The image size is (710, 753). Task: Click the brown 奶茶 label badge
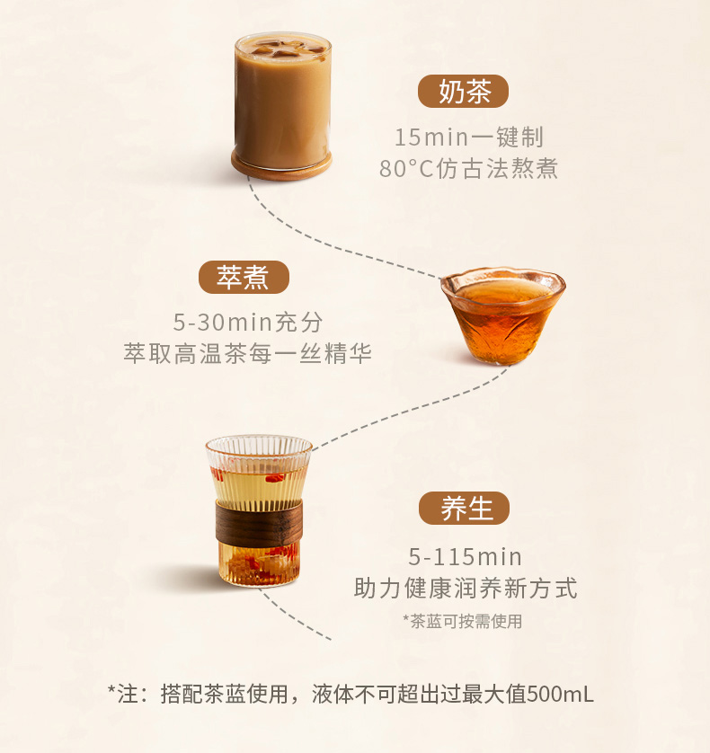[x=463, y=92]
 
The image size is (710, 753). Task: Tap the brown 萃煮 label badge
[x=244, y=277]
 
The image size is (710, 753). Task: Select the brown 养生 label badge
[x=464, y=508]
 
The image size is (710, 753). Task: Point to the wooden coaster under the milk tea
[x=281, y=166]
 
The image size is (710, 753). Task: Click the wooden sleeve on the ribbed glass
[x=259, y=524]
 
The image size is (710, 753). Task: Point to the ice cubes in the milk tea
[x=282, y=48]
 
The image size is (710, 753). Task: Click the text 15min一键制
[x=469, y=137]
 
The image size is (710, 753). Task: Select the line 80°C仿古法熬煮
[x=469, y=169]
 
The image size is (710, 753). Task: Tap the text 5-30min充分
[x=248, y=322]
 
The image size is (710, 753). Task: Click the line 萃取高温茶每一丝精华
[x=248, y=353]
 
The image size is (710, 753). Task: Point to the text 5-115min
[x=465, y=557]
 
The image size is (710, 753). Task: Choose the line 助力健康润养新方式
[x=465, y=589]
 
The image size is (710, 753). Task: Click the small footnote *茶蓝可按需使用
[x=463, y=622]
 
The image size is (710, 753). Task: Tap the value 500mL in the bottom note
[x=560, y=694]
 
